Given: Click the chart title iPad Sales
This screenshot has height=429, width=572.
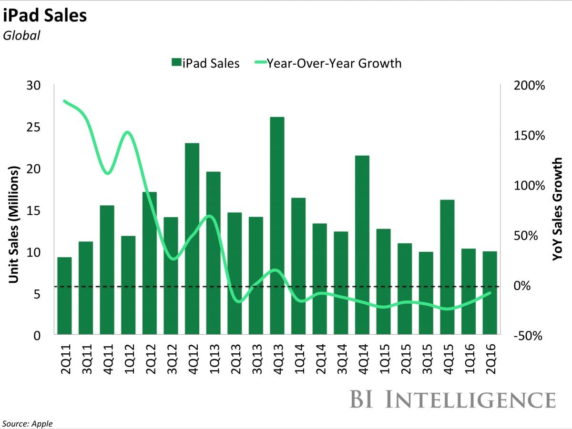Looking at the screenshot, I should coord(45,16).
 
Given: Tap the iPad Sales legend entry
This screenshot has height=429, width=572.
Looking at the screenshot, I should coord(205,63).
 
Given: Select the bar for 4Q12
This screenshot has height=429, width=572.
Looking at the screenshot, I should coord(192,238).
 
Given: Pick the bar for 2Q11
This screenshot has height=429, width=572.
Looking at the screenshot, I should coord(64,295).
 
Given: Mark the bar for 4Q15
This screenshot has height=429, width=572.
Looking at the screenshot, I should coord(447,267).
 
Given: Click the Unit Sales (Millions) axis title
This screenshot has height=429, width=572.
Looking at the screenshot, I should coord(14,224).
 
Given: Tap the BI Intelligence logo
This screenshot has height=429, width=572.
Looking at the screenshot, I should coord(453,399).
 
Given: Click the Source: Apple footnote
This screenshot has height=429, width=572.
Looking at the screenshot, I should coord(28,423).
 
